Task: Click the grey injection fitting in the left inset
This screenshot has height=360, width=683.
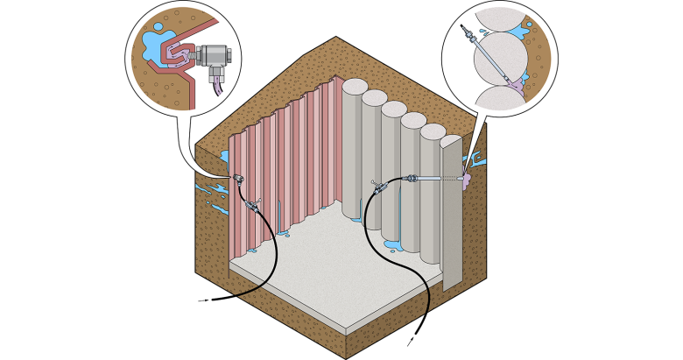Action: pos(213,56)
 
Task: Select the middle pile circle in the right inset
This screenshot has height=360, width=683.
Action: pos(500,58)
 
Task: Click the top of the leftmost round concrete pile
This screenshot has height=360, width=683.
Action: pos(355,87)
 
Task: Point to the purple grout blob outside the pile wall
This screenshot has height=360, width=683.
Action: pos(466,181)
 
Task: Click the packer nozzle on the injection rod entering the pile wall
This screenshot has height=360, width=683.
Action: pos(411,179)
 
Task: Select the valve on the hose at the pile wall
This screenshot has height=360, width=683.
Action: pos(380,187)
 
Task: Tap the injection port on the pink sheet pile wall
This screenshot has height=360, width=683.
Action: pos(238,180)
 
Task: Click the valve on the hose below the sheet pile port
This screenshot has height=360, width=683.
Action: pos(253,206)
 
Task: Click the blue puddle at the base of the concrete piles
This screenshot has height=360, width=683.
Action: pos(391,245)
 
